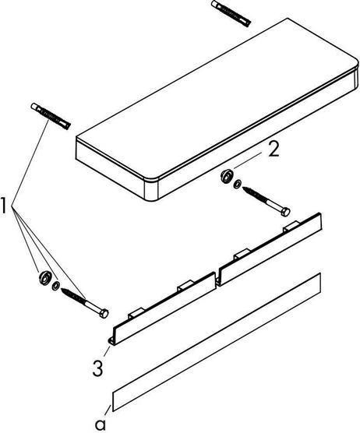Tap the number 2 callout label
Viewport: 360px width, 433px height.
(273, 150)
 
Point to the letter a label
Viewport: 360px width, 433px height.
(100, 424)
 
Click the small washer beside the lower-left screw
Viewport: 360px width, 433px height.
(56, 286)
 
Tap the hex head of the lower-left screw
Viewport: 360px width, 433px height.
(102, 313)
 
